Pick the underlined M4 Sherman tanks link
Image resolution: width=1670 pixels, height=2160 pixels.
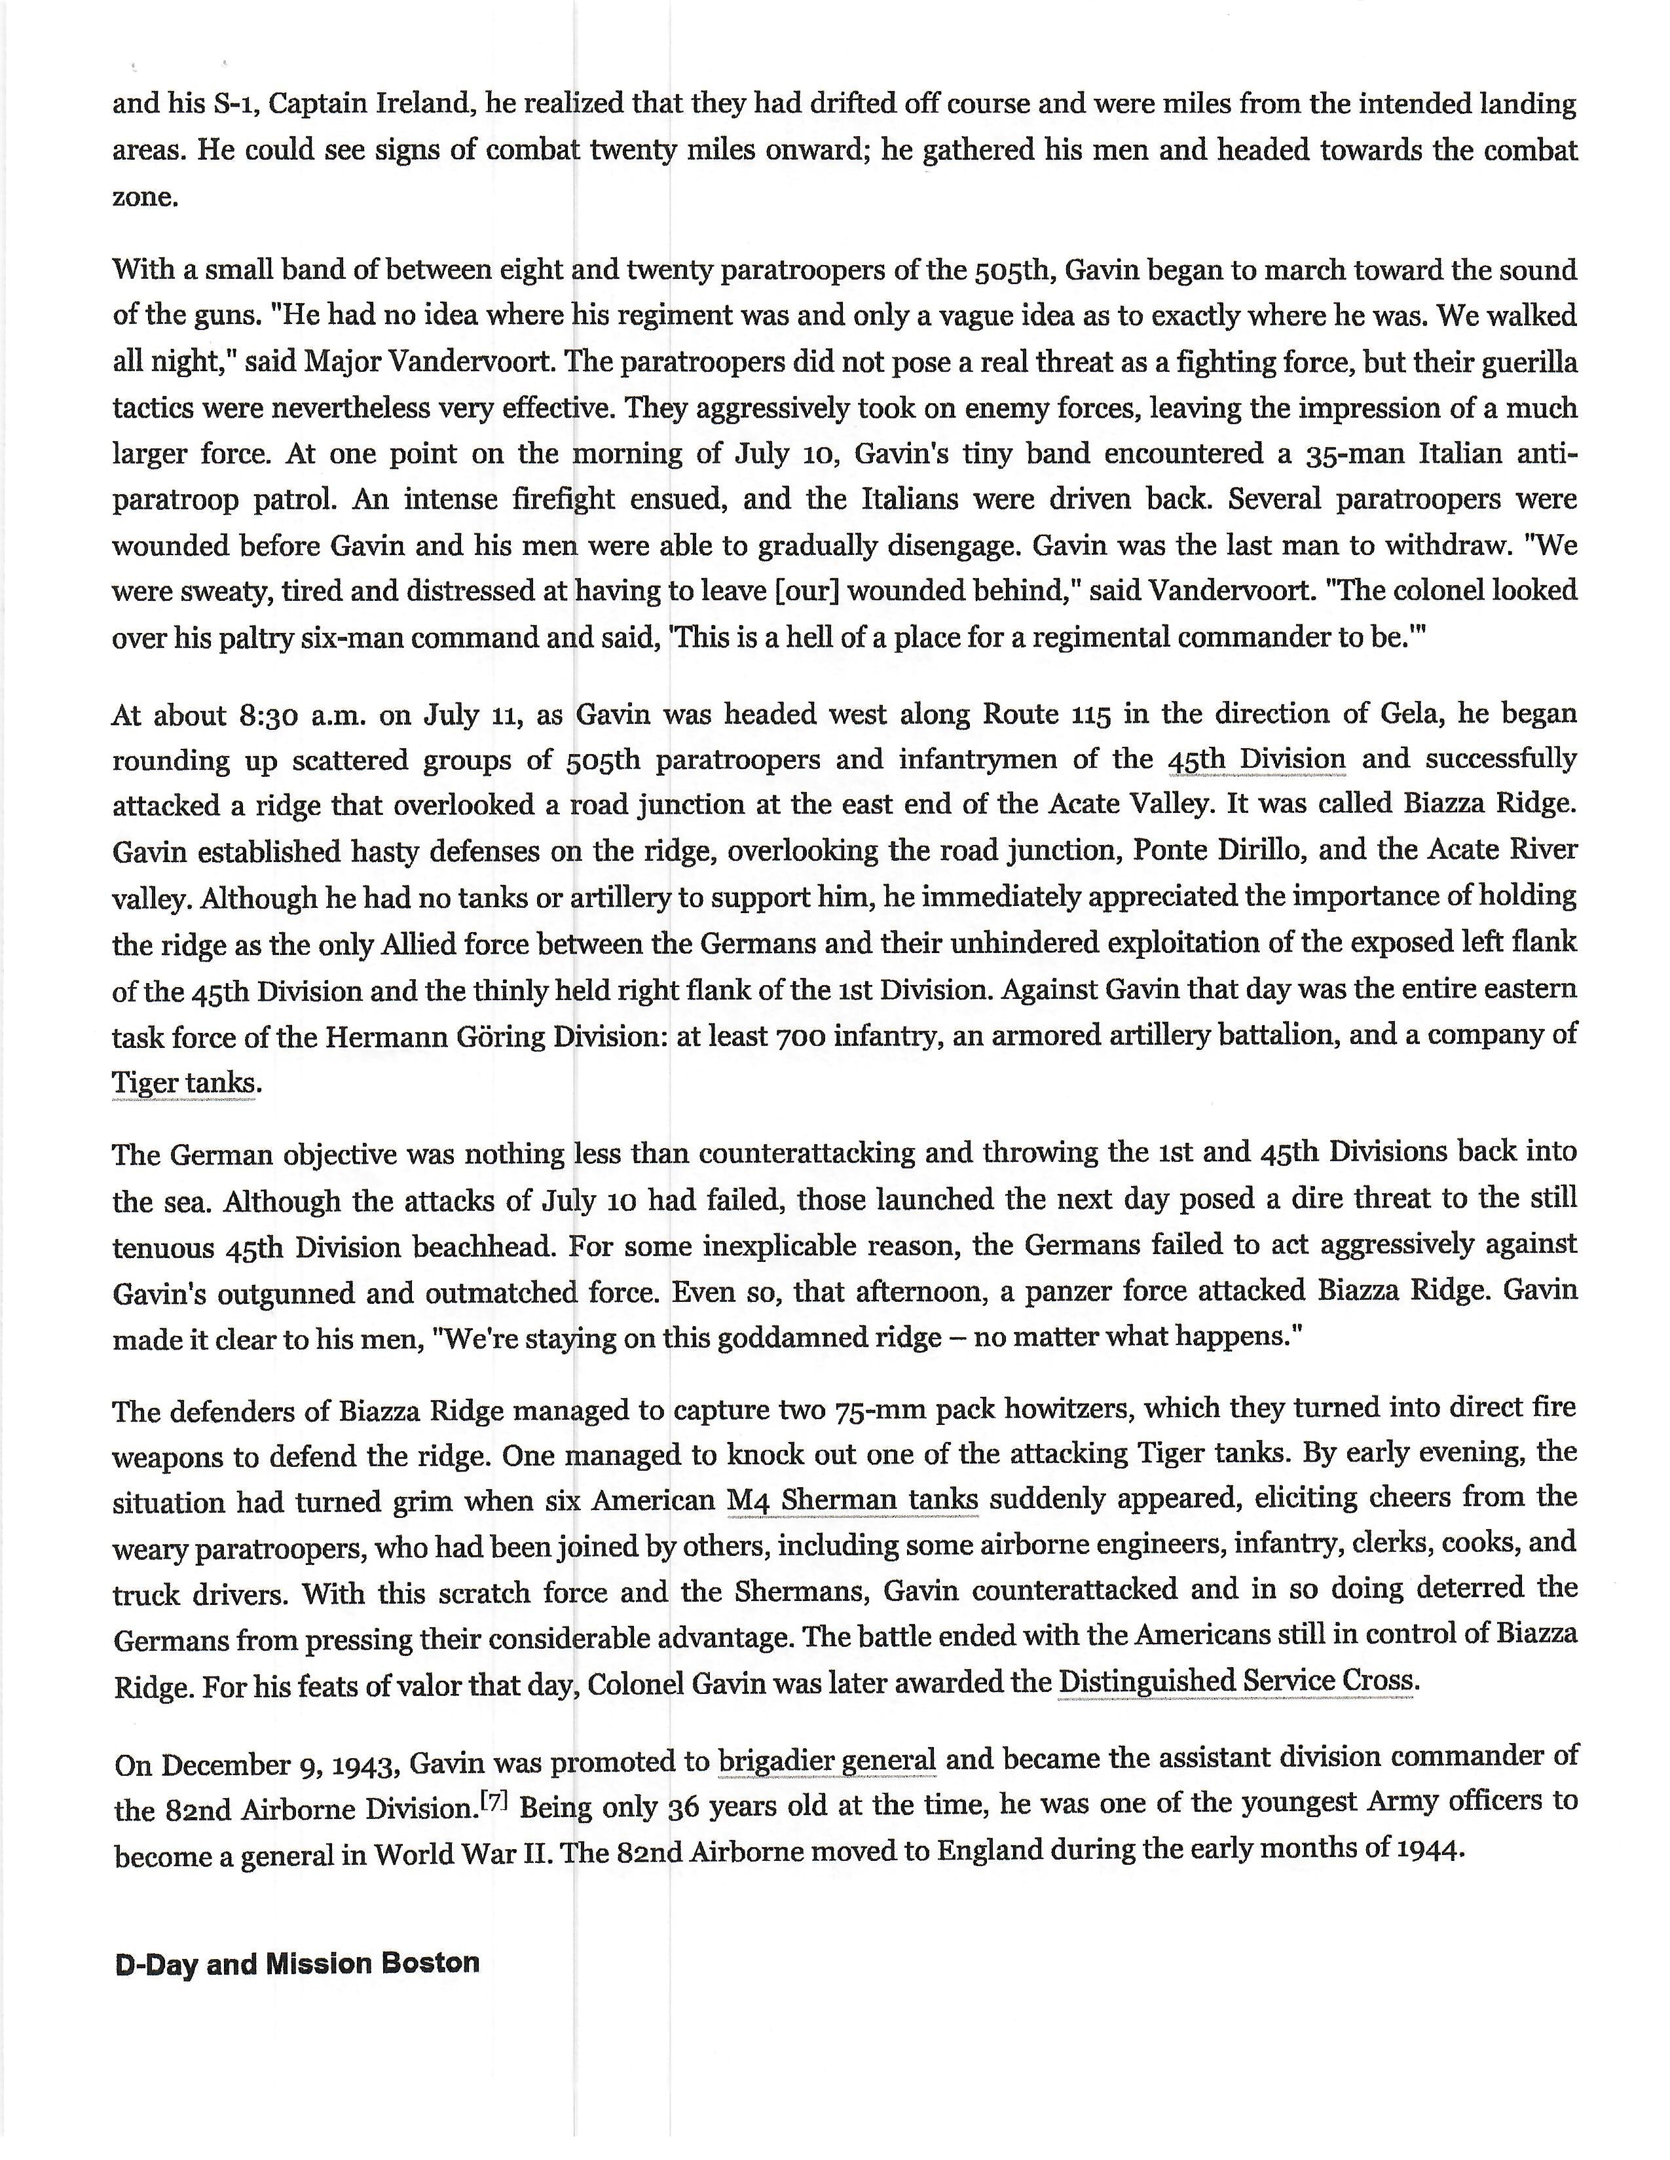(852, 1500)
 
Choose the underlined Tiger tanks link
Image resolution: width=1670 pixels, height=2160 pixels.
(186, 1082)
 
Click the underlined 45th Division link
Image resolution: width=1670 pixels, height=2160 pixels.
(1257, 759)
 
